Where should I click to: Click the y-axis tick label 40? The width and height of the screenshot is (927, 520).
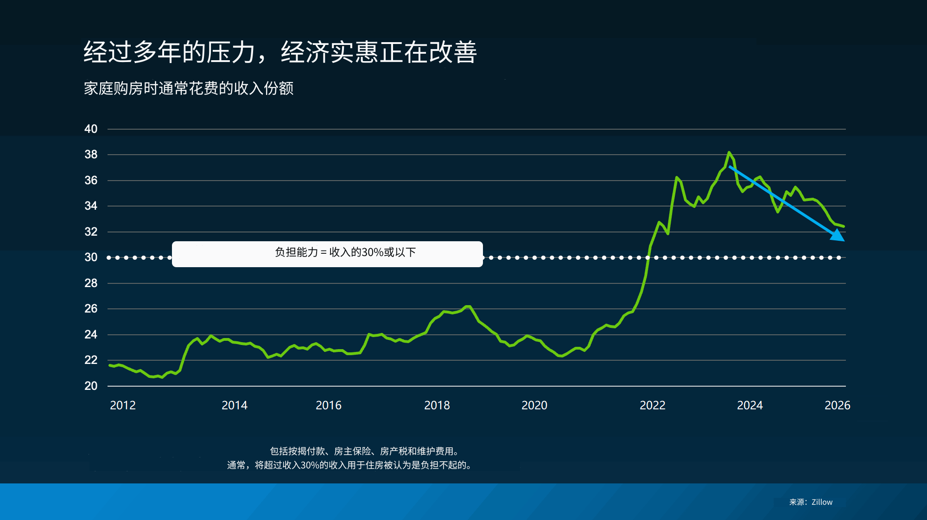click(91, 129)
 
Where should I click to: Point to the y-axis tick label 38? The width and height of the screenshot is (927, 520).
click(91, 154)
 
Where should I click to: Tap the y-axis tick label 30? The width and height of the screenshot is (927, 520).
click(91, 257)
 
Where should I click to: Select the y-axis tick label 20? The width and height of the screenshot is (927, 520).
click(91, 386)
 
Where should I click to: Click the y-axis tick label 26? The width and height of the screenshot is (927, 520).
click(91, 308)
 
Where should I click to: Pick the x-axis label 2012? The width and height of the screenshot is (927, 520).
click(123, 405)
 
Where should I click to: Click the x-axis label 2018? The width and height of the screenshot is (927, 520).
click(437, 405)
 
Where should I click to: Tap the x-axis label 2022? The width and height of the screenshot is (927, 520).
click(653, 405)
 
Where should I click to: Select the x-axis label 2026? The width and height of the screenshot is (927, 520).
click(838, 405)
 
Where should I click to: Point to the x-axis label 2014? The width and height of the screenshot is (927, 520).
click(235, 405)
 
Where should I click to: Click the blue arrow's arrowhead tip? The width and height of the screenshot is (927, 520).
click(844, 240)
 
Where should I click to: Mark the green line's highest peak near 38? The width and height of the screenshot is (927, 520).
click(729, 152)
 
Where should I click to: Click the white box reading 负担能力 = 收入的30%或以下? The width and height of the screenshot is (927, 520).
click(327, 254)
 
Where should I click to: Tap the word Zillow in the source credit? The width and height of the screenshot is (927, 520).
click(822, 502)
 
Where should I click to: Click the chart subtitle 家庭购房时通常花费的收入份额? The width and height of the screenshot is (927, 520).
click(189, 88)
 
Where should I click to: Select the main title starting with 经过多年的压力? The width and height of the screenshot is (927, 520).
click(280, 52)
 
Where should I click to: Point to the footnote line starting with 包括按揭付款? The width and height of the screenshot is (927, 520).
click(365, 451)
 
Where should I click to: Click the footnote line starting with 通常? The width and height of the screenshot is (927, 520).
click(350, 465)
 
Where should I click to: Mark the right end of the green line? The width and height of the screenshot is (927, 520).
click(844, 226)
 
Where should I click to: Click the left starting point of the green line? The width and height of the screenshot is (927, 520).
click(110, 365)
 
